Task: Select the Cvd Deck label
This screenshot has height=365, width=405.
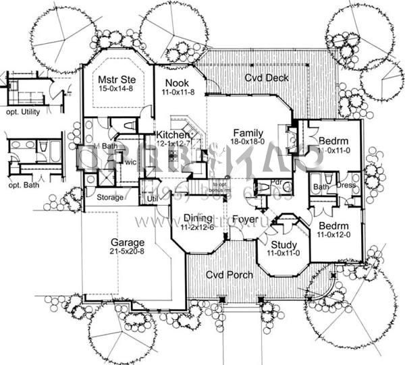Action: click(x=266, y=78)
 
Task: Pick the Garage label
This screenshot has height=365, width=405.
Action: click(x=128, y=242)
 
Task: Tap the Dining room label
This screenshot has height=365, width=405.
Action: click(x=198, y=218)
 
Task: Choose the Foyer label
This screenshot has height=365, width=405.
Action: click(x=244, y=219)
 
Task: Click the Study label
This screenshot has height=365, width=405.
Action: click(x=283, y=244)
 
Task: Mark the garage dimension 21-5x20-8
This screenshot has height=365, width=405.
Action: click(x=128, y=251)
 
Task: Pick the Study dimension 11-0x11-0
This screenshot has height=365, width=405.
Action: click(x=283, y=253)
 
